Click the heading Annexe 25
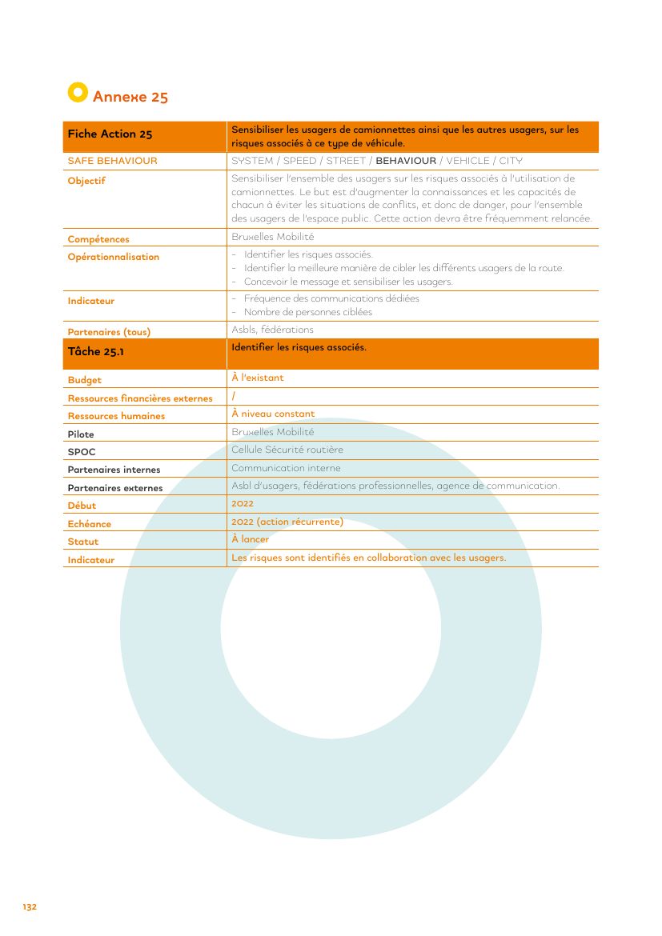click(x=130, y=97)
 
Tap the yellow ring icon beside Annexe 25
click(x=77, y=93)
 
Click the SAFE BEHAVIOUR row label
click(x=112, y=161)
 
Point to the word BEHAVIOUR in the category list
click(x=406, y=161)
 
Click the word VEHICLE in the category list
click(x=467, y=161)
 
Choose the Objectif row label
click(x=86, y=181)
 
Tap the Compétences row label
click(x=98, y=239)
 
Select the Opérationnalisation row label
click(x=113, y=257)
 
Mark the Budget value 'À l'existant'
click(x=257, y=378)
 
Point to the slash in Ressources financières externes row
click(x=233, y=396)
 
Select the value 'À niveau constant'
click(x=273, y=414)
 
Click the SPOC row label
click(x=82, y=452)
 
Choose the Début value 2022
click(x=242, y=503)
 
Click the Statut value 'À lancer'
click(x=250, y=539)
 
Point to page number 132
click(x=30, y=907)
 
